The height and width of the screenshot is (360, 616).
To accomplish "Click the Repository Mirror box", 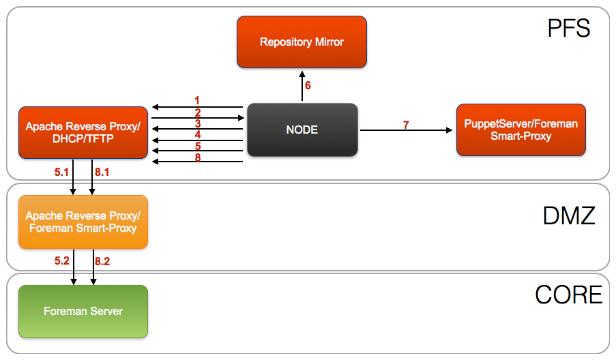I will (302, 42).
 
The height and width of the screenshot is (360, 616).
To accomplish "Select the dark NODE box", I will (302, 130).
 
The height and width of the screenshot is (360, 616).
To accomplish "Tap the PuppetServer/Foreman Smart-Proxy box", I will (520, 130).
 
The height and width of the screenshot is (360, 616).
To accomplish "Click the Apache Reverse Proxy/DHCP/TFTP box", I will (83, 132).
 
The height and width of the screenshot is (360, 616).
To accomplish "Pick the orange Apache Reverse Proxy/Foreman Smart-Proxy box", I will (83, 222).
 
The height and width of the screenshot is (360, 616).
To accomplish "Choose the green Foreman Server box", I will (83, 311).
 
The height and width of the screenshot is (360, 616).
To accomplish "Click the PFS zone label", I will (568, 29).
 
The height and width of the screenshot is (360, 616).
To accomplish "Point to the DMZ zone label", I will (569, 216).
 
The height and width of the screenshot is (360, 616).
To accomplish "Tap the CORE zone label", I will (568, 295).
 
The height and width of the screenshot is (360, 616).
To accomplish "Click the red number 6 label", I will (308, 86).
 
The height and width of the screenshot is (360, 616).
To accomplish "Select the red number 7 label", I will (406, 125).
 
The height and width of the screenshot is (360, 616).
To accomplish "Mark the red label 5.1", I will (62, 172).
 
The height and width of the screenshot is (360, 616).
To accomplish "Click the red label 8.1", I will (102, 172).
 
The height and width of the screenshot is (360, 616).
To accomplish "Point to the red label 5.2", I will (62, 261).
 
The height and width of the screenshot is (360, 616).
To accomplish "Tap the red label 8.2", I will (102, 261).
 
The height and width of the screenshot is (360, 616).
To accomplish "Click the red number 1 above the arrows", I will (197, 100).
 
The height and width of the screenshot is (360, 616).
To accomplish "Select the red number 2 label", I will (197, 112).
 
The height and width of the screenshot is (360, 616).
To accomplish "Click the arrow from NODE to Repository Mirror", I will (301, 87).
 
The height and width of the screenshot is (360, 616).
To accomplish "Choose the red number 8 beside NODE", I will (197, 157).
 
